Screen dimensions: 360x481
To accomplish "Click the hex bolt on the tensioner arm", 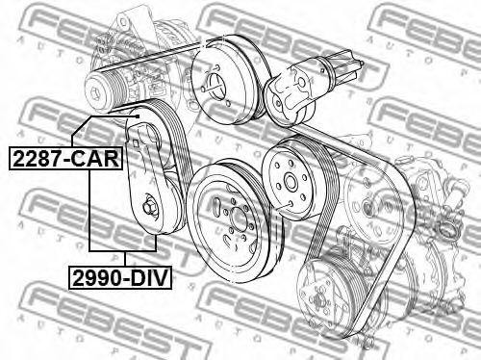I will click(151, 205).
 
